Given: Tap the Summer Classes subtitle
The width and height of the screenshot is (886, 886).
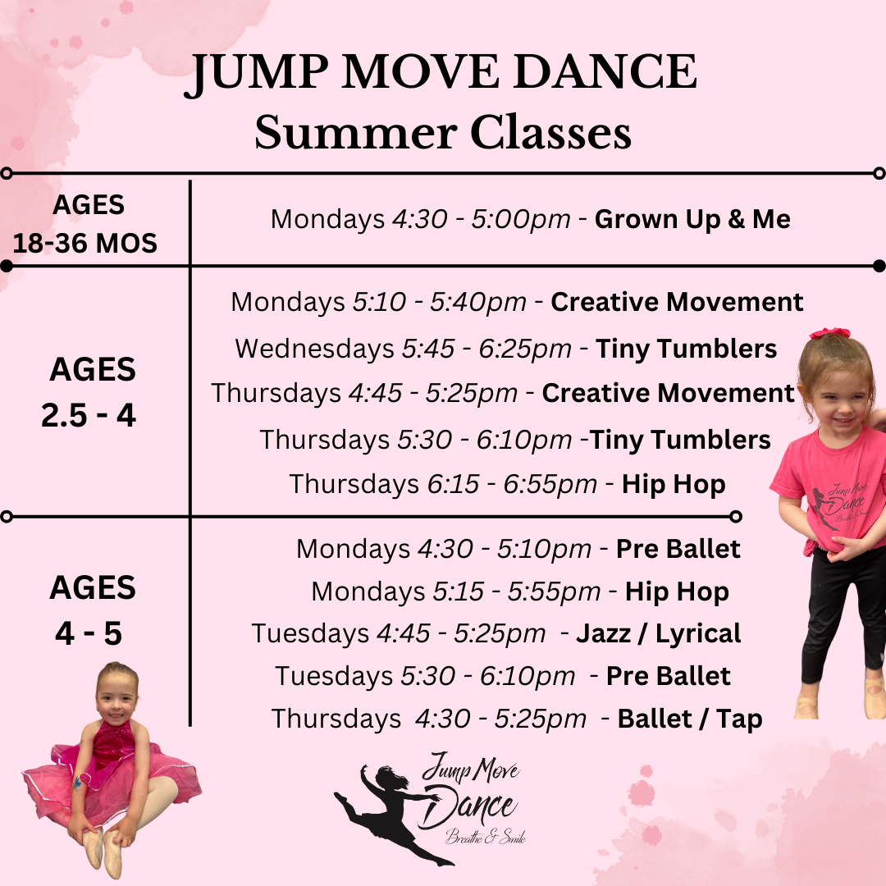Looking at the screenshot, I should pos(443,133).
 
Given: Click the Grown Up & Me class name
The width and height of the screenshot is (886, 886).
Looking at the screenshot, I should pos(692,219).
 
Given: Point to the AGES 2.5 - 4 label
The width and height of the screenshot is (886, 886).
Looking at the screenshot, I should pos(89,393).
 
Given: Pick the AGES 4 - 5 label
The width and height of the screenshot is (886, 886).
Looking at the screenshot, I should pos(91,610).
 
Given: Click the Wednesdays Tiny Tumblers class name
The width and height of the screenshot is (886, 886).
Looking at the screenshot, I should pos(686,349).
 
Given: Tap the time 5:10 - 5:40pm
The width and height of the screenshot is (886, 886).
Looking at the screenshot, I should pos(439,302).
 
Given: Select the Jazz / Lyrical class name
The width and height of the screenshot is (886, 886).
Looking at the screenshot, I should pos(658,633).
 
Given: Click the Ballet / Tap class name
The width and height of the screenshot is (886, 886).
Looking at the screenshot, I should pos(689,719).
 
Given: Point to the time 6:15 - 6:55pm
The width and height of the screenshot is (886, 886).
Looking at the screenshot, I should pos(512,484).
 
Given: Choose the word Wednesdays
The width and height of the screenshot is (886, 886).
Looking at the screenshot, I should pos(314,349).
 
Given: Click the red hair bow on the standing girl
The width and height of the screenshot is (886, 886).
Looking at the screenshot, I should pos(829,333).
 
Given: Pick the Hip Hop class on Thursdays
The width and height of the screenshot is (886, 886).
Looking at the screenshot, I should pos(674,484).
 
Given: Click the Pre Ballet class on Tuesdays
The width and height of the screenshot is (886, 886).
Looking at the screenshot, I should pos(668,676).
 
